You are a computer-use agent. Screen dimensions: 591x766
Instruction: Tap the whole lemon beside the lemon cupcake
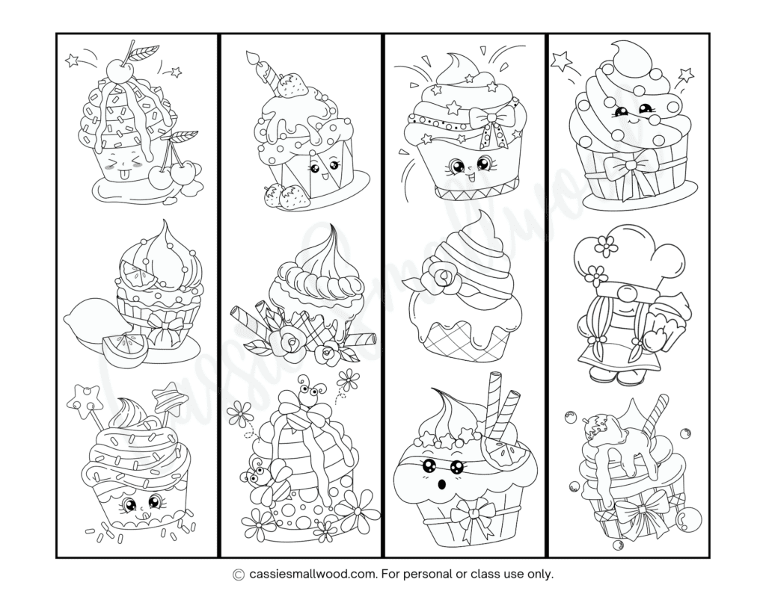click(x=88, y=327)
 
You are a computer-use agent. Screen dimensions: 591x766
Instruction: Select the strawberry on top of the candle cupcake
click(x=293, y=86)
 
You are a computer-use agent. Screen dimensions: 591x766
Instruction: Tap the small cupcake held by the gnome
click(x=670, y=318)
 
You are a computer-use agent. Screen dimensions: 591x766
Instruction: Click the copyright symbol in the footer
click(x=239, y=575)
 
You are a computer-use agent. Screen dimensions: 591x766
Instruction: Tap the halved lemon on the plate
click(x=124, y=349)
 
